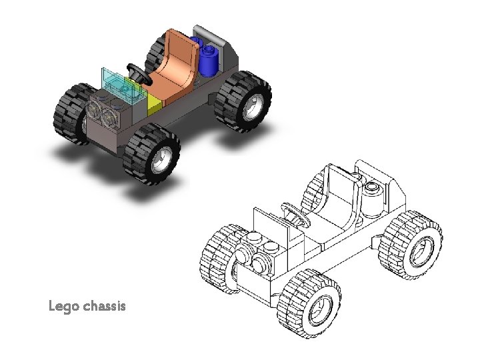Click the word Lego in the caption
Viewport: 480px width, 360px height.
[x=64, y=307]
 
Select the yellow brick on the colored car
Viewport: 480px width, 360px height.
[x=155, y=101]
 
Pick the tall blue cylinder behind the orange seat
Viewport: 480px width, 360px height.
[x=211, y=61]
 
